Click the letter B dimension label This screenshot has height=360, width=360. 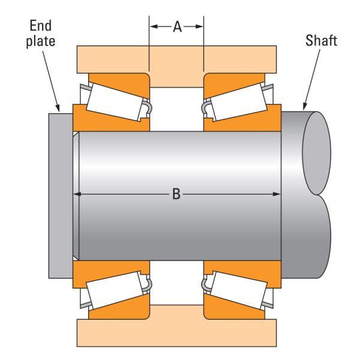coord(176,194)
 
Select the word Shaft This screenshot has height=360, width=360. coord(321,41)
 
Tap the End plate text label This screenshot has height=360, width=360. coord(41,33)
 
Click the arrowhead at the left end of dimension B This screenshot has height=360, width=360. coord(77,194)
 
